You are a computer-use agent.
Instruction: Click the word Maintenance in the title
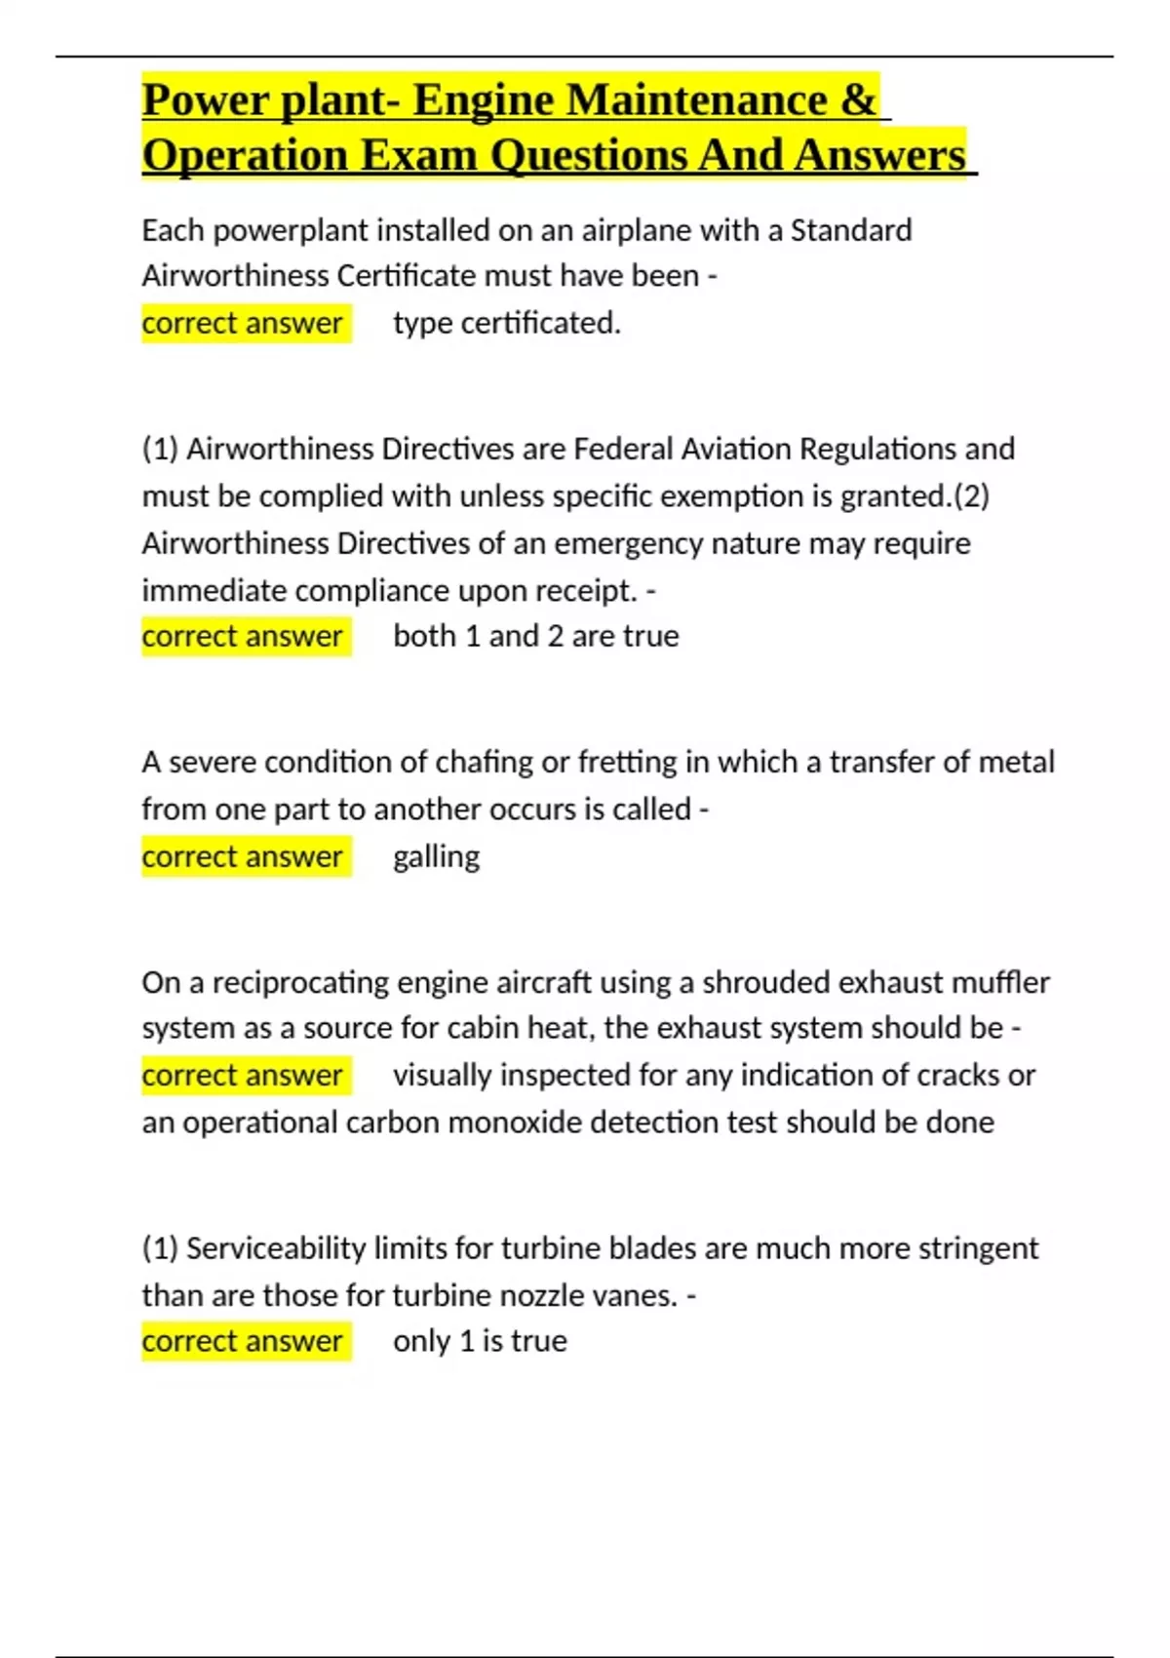click(x=697, y=99)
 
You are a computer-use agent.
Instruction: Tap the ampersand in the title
click(x=858, y=99)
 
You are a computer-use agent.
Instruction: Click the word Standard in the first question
click(x=850, y=230)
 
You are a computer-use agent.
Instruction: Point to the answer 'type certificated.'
click(x=506, y=323)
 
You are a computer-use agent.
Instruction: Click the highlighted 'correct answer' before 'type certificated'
click(x=243, y=323)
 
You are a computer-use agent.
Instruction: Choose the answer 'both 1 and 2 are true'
click(x=535, y=636)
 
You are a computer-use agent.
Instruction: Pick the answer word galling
click(x=436, y=856)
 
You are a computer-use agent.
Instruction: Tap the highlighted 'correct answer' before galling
click(x=243, y=856)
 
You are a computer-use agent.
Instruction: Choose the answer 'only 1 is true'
click(x=480, y=1341)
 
